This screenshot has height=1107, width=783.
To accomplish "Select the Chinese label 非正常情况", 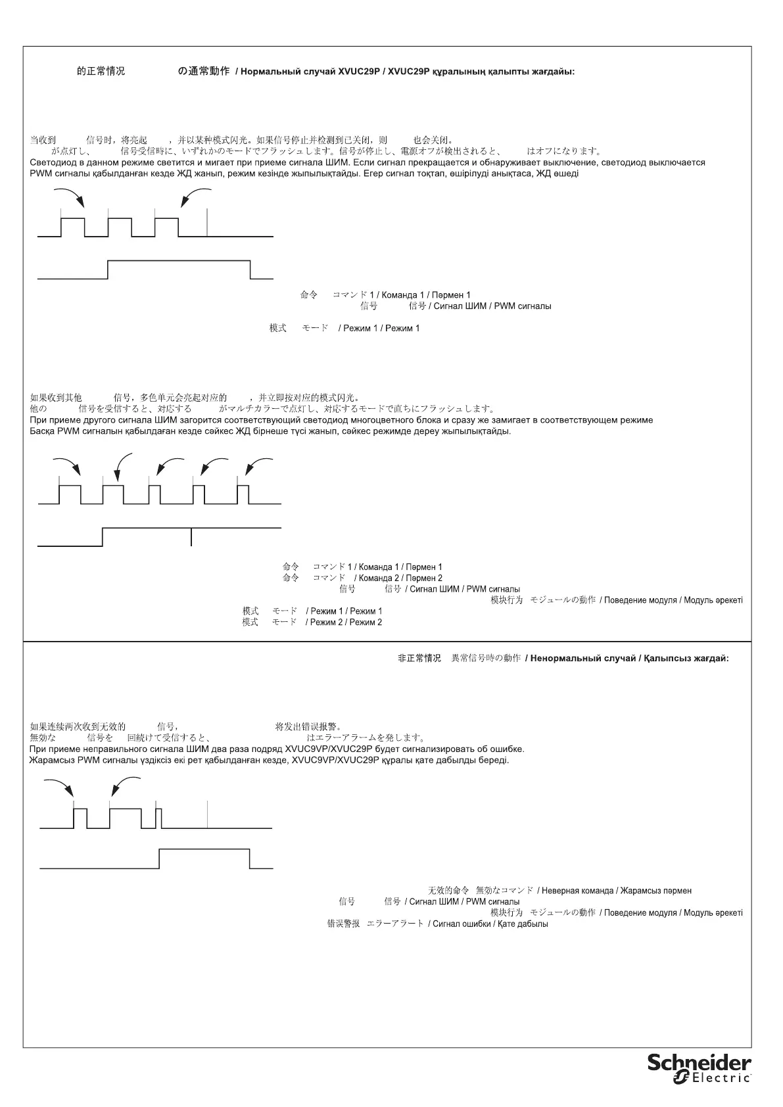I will [419, 658].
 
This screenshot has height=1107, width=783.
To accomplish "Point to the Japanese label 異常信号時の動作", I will [485, 658].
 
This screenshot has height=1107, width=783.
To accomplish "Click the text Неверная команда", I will [577, 891].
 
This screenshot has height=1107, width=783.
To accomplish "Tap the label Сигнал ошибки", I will [461, 924].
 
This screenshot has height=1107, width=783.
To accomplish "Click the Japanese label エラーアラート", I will [395, 924].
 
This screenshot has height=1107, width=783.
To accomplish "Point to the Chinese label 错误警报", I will [343, 924].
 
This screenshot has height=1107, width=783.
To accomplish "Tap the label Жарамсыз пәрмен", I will [655, 891].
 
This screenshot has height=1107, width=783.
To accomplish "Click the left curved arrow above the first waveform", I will [69, 196].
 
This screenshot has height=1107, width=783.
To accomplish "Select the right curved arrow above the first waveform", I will [195, 196].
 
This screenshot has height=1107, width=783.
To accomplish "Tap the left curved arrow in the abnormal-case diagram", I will [59, 786].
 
